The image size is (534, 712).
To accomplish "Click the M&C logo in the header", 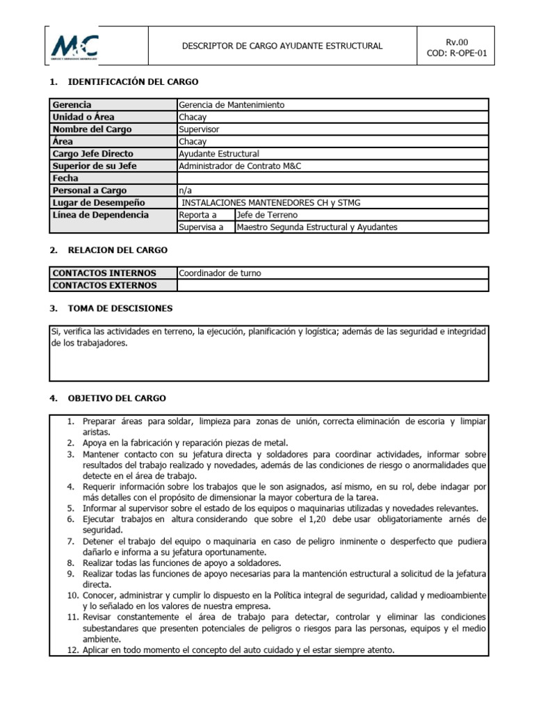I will coord(74,47).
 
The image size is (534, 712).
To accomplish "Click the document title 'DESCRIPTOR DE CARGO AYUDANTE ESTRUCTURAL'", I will coord(282,46).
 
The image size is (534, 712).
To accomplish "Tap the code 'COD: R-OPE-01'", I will coord(455,53).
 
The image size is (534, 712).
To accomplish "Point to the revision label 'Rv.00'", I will coord(456,41).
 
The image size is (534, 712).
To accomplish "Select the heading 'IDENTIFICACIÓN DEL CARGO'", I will coord(133,82).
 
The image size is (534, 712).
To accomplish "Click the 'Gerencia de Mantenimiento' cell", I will coord(232,105).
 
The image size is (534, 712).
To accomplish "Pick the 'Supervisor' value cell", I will coord(199,129).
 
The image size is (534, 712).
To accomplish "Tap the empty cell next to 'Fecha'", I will coord(332,178).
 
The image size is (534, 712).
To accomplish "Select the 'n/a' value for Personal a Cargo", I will coord(185,191).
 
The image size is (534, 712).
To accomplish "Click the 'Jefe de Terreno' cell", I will coord(267,215).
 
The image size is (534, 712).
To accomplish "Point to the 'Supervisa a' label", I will coord(201,227).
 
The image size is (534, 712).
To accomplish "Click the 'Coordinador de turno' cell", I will coord(220,273).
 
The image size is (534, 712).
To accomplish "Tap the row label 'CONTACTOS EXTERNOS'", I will coord(104,285).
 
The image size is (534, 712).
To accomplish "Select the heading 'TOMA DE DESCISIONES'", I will coord(120,308).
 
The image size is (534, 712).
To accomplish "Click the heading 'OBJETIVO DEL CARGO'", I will coord(117,398).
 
